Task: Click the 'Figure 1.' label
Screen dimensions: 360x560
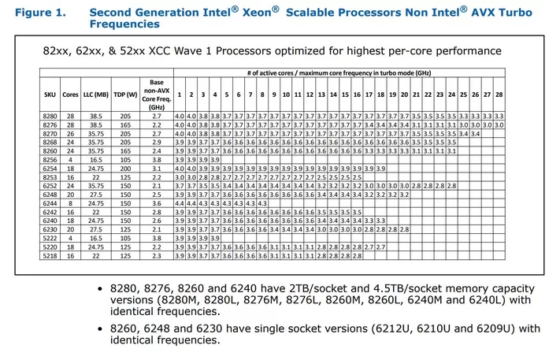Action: point(36,13)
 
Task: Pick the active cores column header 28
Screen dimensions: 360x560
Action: point(499,95)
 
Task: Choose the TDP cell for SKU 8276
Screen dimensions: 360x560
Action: point(125,124)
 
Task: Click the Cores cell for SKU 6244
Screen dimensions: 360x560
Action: point(71,202)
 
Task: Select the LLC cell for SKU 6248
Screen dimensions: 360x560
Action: point(98,194)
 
